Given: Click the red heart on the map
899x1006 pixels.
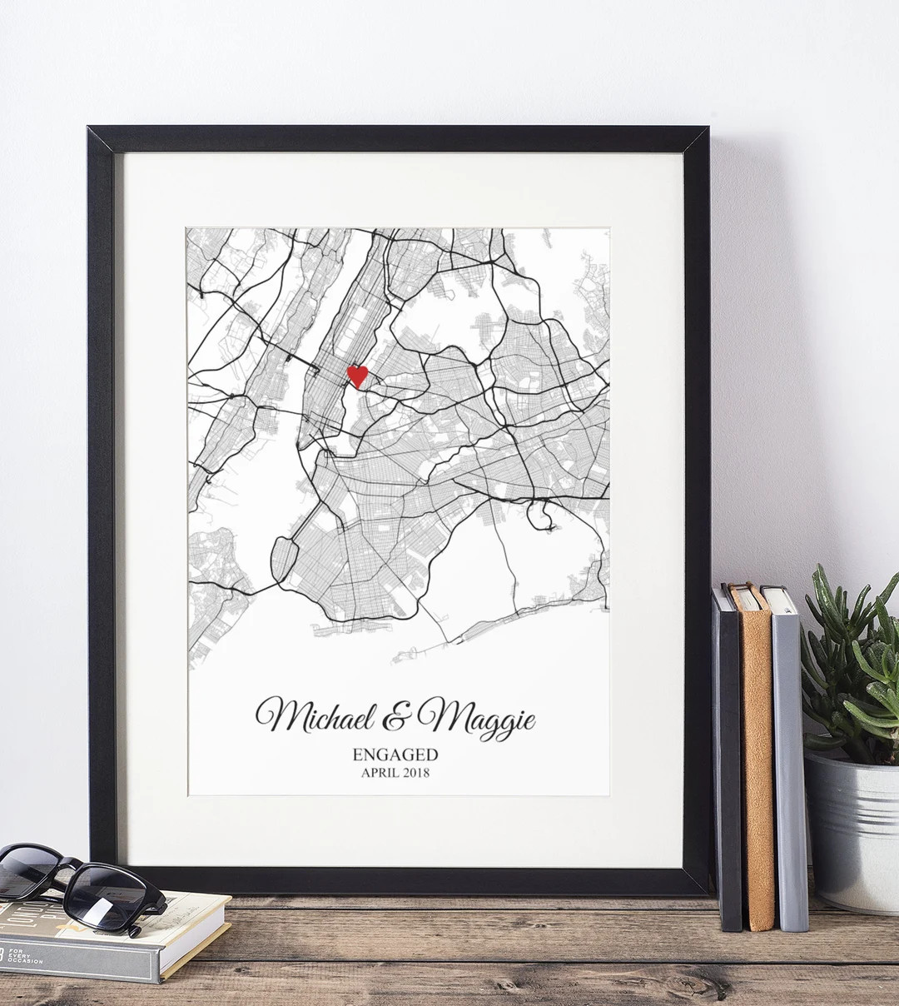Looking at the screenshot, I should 357,376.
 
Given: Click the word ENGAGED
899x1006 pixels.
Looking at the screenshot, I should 395,755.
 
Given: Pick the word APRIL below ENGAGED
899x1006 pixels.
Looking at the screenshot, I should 379,773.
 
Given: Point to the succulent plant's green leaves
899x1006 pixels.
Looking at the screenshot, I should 849,666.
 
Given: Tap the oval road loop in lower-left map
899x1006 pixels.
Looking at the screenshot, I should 284,559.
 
